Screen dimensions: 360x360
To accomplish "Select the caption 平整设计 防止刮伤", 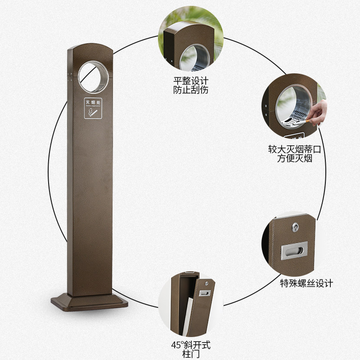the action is tap(191, 85).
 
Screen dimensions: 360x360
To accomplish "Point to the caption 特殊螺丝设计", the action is tap(306, 283).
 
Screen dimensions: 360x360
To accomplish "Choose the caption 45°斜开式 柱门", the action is tap(191, 349).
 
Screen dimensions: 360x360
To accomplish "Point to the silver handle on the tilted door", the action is tap(205, 293).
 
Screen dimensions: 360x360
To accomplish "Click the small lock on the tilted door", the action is tap(206, 283).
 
